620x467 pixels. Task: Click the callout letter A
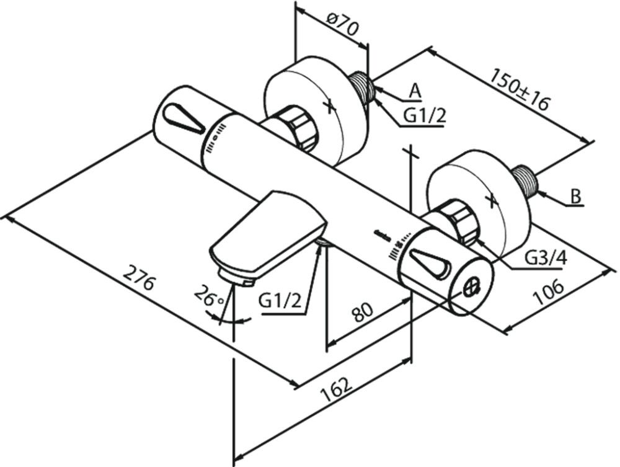[415, 91]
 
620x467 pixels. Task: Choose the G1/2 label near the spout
[280, 302]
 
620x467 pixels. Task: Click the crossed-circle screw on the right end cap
[472, 287]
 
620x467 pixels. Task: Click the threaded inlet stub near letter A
[362, 87]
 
